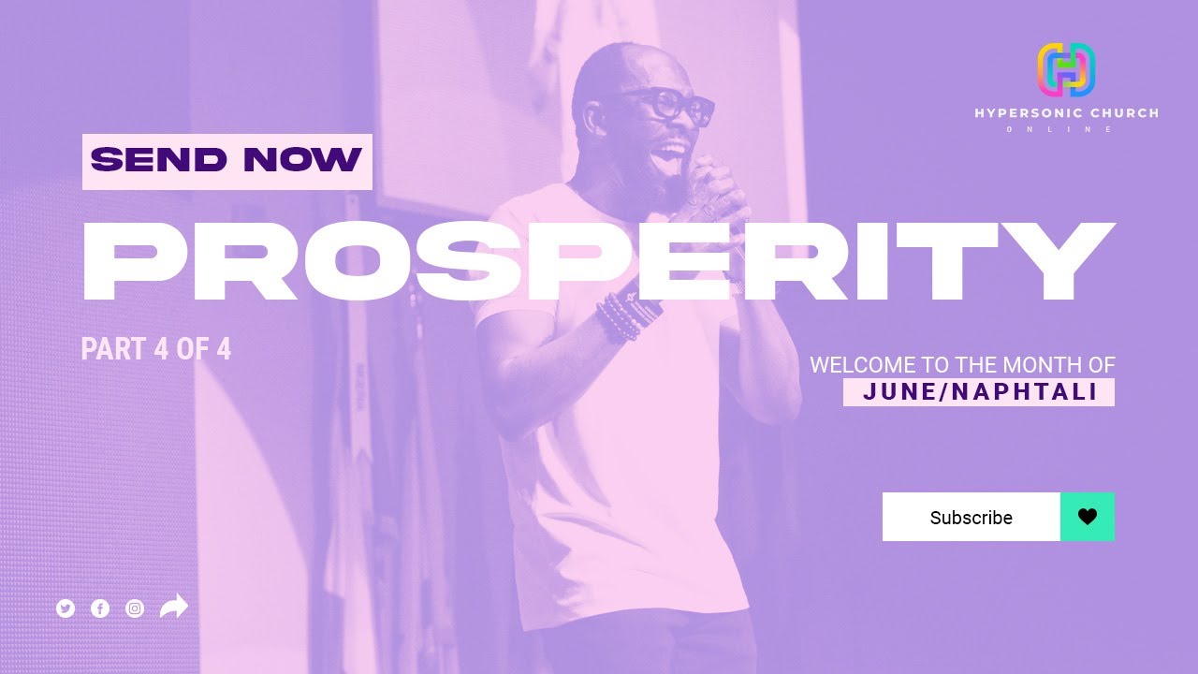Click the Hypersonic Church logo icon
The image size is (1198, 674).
pos(1066,70)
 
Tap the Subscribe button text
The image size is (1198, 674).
pos(971,518)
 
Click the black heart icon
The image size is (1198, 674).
pos(1087,517)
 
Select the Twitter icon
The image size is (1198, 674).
pos(66,608)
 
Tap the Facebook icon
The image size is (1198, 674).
pos(100,608)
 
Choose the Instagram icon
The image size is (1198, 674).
pos(135,608)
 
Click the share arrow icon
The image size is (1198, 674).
pos(174,607)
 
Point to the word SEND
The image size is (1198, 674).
pos(159,161)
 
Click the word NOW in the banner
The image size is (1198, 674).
pos(301,161)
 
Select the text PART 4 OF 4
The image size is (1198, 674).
pos(155,349)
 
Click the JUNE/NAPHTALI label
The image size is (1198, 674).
pos(979,392)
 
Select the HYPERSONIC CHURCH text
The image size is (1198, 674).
pos(1066,113)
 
